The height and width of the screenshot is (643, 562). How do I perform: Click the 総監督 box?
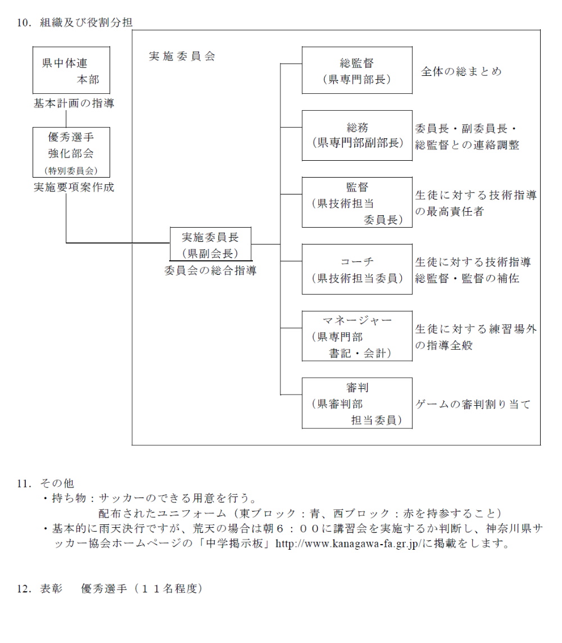356,70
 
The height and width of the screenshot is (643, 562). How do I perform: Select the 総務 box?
356,135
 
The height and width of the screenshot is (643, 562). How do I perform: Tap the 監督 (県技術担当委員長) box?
356,202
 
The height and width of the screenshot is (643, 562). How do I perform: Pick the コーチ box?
356,269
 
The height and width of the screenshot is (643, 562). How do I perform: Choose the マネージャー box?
356,336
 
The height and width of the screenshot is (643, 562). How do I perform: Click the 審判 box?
356,403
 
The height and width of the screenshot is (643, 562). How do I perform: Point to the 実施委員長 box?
210,244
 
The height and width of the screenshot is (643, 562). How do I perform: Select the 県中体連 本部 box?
71,70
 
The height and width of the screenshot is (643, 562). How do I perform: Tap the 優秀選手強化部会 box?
71,152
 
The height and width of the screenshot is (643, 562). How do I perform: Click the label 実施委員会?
182,57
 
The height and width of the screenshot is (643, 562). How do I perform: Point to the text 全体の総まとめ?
461,71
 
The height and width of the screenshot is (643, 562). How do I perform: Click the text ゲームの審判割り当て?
473,404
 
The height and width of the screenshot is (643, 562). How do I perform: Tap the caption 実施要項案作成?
74,187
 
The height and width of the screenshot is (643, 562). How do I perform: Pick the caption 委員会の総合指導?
210,270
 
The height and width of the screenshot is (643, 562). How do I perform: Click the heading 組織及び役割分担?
86,22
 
